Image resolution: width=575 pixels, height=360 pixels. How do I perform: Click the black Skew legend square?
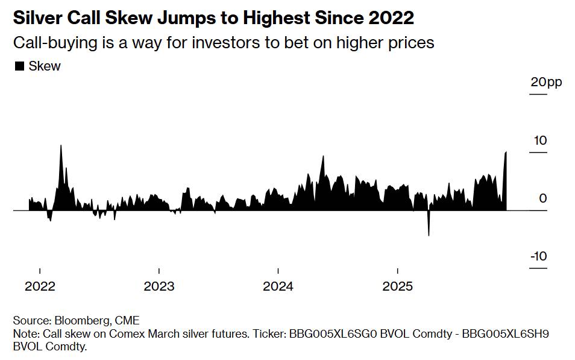19,66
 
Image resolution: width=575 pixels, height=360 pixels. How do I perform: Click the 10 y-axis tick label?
540,141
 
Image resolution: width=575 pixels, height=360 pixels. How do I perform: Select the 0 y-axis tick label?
543,198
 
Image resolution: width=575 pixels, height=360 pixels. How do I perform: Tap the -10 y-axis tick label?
538,256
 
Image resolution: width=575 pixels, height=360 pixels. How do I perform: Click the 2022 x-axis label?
40,286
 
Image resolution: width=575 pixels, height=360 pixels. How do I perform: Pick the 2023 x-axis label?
159,286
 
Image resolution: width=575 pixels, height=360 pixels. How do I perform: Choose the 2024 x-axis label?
278,286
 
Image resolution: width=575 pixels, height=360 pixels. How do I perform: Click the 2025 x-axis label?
397,286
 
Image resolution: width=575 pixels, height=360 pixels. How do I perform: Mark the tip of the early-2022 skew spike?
61,145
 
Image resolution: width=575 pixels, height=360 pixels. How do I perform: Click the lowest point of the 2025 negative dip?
429,235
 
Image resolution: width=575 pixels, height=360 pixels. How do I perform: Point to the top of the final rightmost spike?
506,152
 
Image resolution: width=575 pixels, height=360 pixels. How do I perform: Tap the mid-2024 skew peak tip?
323,156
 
